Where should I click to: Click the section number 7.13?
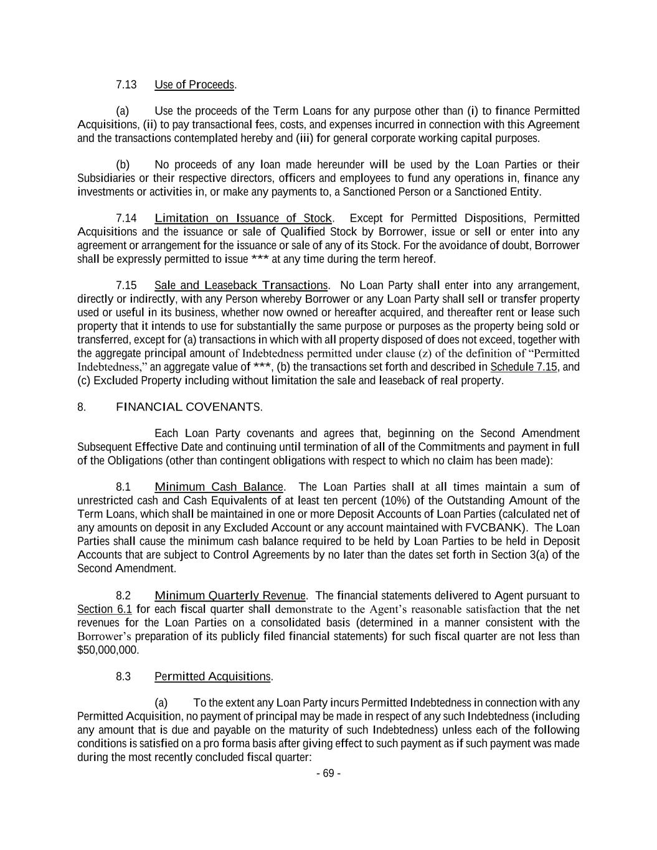tap(126, 85)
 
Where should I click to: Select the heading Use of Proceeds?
tap(194, 85)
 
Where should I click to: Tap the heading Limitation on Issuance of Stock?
tap(243, 219)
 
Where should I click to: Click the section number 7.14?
tap(126, 219)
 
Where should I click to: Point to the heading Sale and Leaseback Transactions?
tap(240, 286)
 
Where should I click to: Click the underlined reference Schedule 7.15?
tap(524, 367)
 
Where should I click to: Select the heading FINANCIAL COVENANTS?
tap(189, 407)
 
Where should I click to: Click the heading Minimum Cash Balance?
tap(219, 487)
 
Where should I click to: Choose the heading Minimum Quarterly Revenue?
tap(230, 596)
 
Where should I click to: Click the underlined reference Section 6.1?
tap(104, 609)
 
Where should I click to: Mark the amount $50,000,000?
tap(108, 650)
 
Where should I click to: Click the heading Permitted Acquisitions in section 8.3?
tap(212, 677)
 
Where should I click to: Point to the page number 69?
tap(328, 774)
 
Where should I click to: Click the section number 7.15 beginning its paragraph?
tap(126, 286)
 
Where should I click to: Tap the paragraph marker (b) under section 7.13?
tap(123, 165)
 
